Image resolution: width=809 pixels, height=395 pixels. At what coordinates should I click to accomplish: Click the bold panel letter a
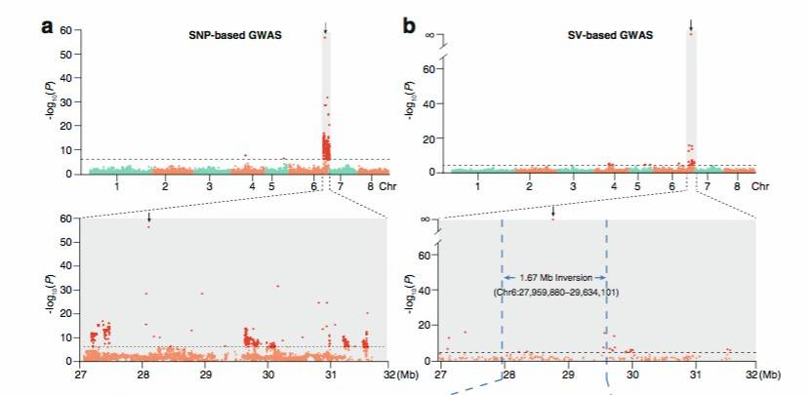click(46, 26)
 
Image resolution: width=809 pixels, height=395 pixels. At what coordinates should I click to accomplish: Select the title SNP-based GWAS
click(233, 36)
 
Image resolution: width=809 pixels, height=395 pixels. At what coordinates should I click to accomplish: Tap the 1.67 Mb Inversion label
click(554, 278)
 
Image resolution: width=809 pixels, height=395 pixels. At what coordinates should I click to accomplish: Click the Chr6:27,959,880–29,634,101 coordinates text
click(554, 292)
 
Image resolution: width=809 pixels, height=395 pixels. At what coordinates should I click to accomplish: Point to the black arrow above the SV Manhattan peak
click(691, 24)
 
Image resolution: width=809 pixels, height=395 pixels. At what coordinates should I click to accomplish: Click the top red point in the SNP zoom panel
click(148, 226)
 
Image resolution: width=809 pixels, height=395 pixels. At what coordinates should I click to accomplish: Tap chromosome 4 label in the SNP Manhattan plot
click(252, 185)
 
